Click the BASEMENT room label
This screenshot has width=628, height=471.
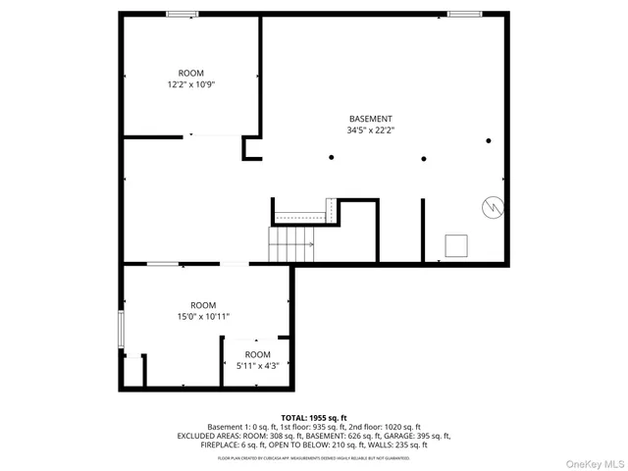coord(370,118)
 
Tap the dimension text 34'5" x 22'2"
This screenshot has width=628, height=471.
coord(370,130)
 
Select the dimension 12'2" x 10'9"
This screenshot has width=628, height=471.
coord(191,84)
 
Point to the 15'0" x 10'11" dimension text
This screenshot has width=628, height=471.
coord(203,316)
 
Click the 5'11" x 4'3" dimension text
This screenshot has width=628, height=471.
coord(257,365)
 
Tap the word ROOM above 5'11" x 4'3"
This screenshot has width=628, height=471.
coord(257,354)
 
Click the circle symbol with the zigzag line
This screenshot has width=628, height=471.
coord(491,207)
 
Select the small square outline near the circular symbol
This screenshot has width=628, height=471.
coord(456,244)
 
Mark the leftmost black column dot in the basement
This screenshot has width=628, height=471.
coord(332,157)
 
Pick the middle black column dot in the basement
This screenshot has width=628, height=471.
coord(424,157)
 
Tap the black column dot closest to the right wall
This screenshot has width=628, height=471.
coord(488,140)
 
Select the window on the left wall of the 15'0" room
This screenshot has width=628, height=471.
coord(122,329)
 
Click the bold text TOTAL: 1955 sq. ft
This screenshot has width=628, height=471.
coord(314,418)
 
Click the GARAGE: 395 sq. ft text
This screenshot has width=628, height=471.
coord(419,436)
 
